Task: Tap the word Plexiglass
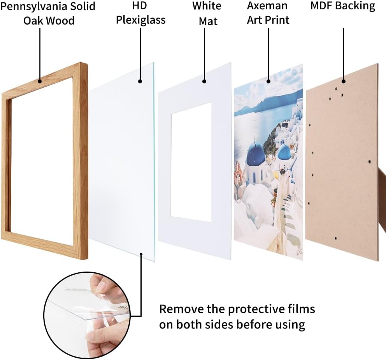pos(141,20)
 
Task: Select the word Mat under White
pos(208,21)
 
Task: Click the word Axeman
pos(267,6)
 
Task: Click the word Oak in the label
pos(32,21)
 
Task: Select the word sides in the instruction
pos(219,325)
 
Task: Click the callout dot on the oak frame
pos(40,81)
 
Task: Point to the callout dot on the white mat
pos(204,81)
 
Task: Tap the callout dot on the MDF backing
pos(344,81)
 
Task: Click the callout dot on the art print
pos(268,81)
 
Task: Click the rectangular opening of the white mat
pos(191,162)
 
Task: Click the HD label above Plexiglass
pos(140,6)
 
